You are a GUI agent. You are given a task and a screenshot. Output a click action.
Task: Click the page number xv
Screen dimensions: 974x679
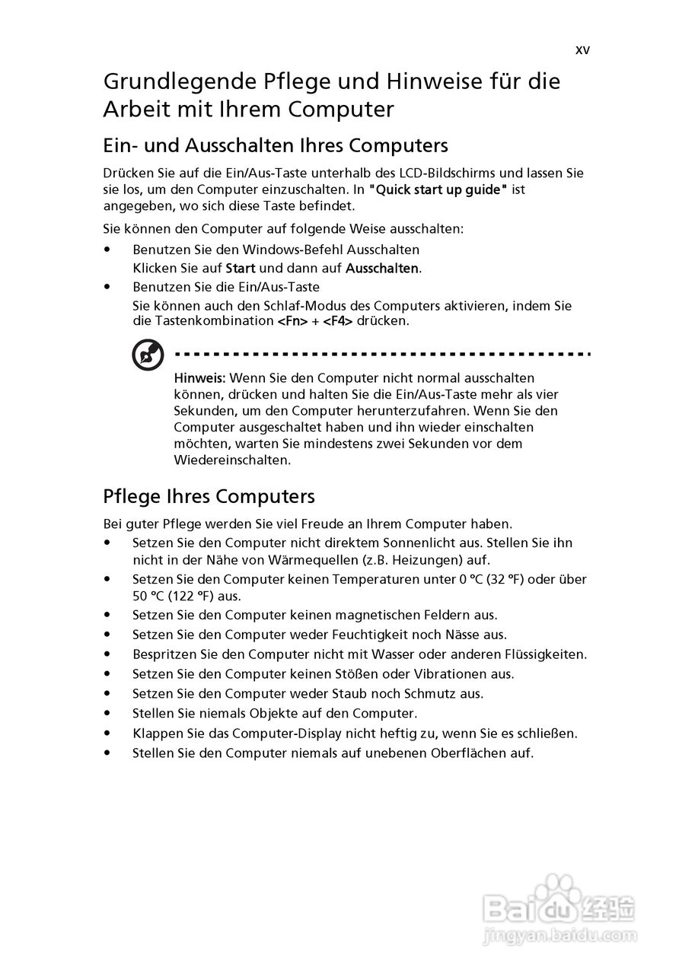click(582, 50)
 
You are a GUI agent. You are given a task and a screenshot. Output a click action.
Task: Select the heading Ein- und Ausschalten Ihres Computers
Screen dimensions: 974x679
click(276, 145)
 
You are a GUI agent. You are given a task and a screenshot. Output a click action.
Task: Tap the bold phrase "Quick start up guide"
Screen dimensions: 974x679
click(438, 189)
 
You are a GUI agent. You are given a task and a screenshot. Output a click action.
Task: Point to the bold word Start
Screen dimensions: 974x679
click(241, 269)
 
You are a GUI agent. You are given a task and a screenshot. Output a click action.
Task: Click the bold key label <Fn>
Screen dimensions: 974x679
click(292, 321)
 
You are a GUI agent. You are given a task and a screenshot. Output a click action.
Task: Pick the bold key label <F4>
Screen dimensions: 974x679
click(338, 321)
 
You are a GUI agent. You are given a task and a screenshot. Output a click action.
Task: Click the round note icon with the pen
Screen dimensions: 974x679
click(148, 355)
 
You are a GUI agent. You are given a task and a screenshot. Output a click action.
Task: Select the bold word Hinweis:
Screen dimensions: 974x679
click(199, 378)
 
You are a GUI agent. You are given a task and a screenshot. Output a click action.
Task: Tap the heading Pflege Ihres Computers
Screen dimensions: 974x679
click(209, 496)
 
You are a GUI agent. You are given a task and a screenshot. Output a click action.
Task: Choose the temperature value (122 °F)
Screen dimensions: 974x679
click(186, 597)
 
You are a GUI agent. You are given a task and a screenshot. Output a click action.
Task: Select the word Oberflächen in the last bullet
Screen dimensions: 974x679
click(453, 753)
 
